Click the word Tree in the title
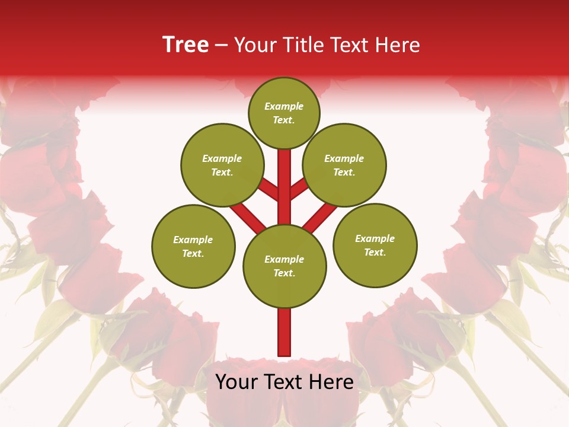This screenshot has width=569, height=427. click(x=186, y=45)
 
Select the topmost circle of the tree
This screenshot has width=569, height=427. click(x=284, y=113)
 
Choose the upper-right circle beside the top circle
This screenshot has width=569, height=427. click(x=344, y=165)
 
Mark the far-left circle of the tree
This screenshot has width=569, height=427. click(x=193, y=246)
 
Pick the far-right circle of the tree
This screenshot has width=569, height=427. click(x=375, y=245)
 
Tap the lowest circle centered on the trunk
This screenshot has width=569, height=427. click(x=284, y=266)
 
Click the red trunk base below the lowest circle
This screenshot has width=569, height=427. click(x=284, y=332)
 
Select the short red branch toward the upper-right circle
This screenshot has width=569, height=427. click(x=299, y=189)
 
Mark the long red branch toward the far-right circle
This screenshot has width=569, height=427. click(x=320, y=216)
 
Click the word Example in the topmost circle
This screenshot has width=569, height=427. click(x=284, y=107)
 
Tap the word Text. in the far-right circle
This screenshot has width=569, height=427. click(x=375, y=252)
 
